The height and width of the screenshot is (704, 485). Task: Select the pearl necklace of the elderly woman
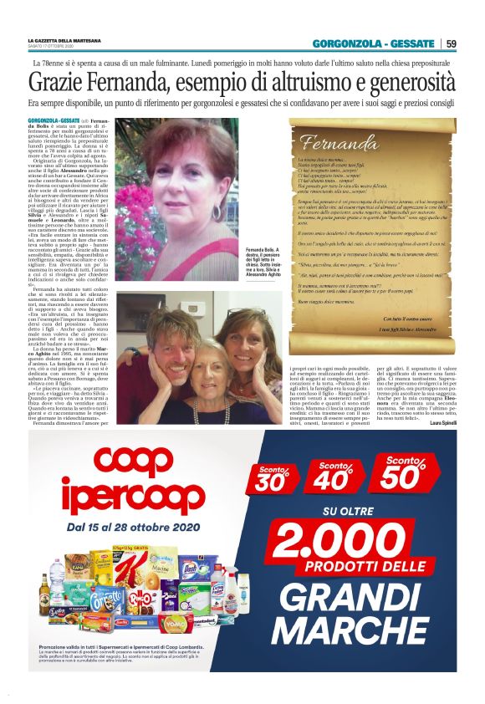point(207,386)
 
